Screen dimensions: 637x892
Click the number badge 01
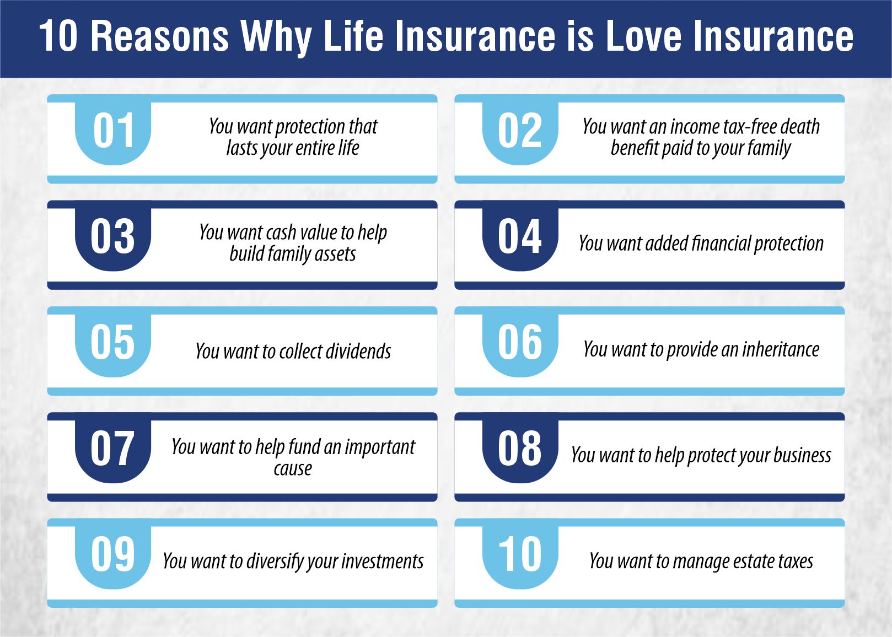(x=113, y=131)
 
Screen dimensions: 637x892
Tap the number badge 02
(x=520, y=131)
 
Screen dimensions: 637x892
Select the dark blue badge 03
(x=113, y=237)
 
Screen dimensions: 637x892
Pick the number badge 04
(x=520, y=237)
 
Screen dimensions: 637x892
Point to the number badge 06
(x=520, y=343)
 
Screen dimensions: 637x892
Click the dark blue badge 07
(x=113, y=449)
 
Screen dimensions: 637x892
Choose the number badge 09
(x=113, y=555)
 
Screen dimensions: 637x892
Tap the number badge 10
(x=520, y=555)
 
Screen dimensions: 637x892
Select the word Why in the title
(x=276, y=36)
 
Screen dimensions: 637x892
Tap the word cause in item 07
(x=293, y=468)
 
